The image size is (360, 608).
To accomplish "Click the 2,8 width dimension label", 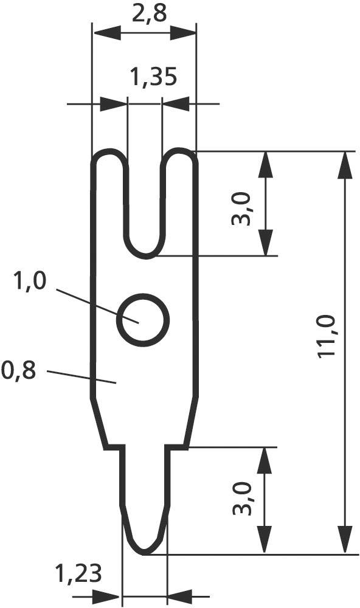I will pos(148,14).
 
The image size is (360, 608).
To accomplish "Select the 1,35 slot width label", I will pos(153,77).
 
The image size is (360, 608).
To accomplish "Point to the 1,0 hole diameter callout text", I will pos(29,283).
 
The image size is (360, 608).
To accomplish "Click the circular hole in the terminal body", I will pos(143,320).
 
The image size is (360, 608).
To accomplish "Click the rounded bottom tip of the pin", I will pos(144,551).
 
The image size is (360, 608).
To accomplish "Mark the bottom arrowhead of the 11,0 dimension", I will pos(345,541).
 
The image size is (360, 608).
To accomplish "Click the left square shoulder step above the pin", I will pos(112,447).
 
